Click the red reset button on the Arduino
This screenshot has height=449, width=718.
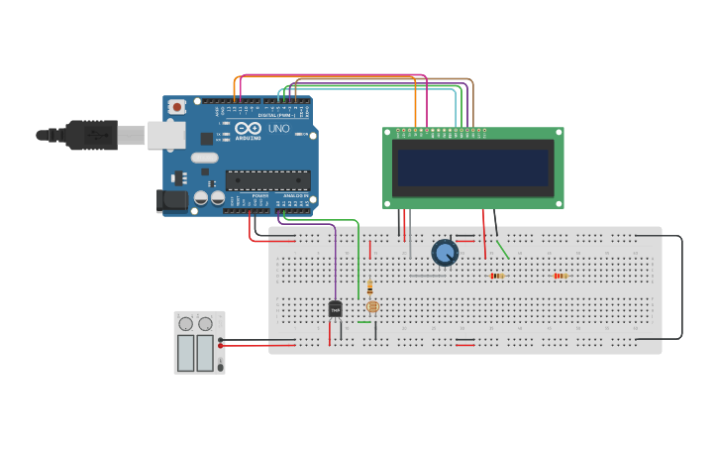click(x=177, y=107)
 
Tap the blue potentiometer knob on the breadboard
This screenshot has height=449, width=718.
click(x=446, y=253)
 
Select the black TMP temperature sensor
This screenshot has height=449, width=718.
click(x=335, y=309)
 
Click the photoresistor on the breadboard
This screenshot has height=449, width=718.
click(x=372, y=306)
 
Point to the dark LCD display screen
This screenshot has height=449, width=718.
click(x=473, y=168)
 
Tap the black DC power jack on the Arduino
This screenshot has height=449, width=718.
click(x=172, y=200)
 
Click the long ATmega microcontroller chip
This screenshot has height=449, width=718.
click(x=267, y=180)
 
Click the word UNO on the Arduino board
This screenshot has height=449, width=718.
click(x=278, y=129)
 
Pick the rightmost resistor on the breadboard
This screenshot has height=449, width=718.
click(x=561, y=276)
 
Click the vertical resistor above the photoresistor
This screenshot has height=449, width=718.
click(x=369, y=287)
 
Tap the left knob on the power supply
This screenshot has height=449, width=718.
click(x=185, y=323)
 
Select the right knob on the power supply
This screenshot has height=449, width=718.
click(x=205, y=323)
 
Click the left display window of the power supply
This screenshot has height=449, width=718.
click(x=185, y=352)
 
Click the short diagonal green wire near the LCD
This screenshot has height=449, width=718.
click(x=502, y=249)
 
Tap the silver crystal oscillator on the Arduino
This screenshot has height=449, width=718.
click(x=204, y=158)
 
